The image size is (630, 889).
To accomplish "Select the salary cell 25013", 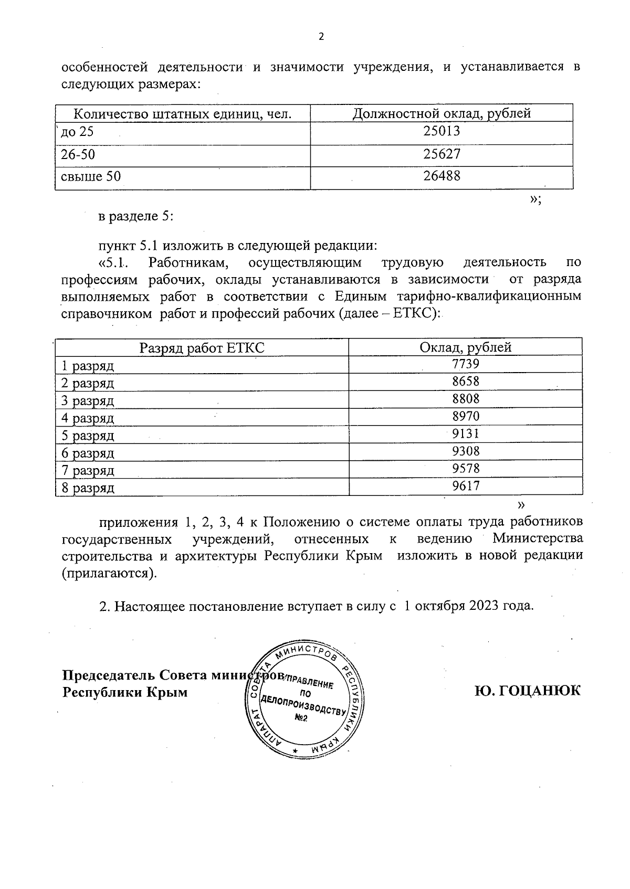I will (442, 131).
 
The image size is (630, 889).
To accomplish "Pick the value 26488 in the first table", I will (442, 176).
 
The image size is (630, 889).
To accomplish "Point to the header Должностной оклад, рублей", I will (442, 113).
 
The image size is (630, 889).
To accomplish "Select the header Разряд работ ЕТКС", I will (202, 347).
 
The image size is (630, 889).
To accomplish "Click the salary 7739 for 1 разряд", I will (466, 364).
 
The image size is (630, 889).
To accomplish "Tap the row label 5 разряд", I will (88, 436).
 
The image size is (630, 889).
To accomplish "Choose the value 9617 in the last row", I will (466, 486).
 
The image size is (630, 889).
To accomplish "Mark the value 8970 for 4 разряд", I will (466, 416).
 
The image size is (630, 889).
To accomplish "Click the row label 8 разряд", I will (88, 488).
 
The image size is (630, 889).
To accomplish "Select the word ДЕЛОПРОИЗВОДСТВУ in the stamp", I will (303, 704).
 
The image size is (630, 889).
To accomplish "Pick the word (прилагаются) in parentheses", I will (109, 573).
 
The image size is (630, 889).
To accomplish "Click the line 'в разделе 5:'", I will (135, 216).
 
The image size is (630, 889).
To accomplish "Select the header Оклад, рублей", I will (466, 347).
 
